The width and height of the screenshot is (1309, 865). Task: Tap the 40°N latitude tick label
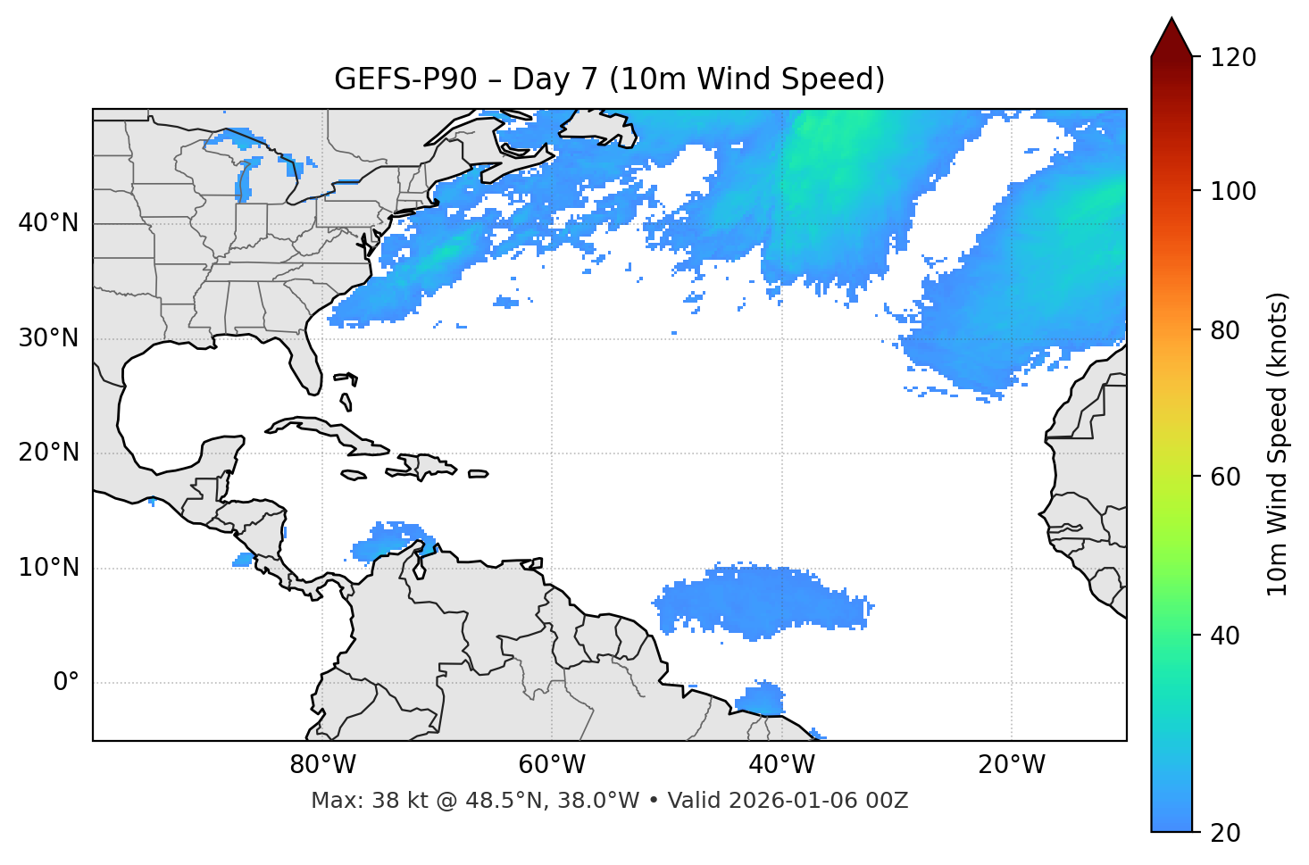click(48, 223)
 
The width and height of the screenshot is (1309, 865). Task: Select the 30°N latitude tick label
click(48, 338)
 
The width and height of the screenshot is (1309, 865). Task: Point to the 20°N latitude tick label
click(48, 453)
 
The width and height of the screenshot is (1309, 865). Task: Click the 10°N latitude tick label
click(48, 568)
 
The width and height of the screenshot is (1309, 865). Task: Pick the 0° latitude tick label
click(65, 683)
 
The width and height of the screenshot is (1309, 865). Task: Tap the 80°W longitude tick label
click(322, 765)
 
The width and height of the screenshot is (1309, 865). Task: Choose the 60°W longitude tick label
click(552, 765)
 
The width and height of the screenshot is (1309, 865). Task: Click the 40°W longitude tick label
click(781, 765)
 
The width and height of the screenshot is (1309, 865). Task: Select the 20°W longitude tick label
click(1011, 765)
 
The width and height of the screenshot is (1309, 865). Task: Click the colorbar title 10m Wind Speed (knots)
click(1278, 444)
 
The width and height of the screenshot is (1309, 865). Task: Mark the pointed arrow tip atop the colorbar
click(1171, 20)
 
